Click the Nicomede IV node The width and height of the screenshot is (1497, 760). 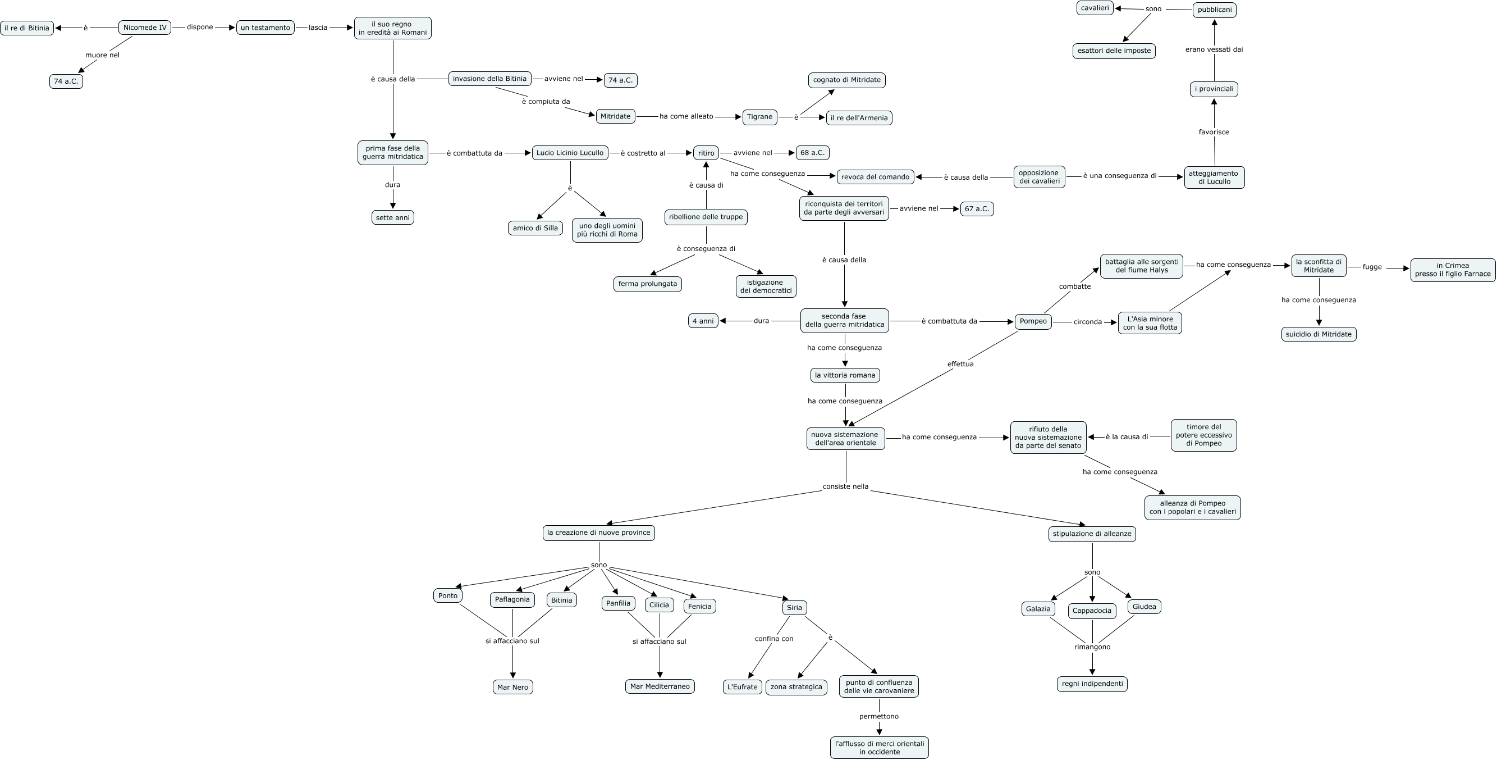click(x=145, y=28)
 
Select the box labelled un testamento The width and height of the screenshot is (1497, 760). click(x=265, y=28)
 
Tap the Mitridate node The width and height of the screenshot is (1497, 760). click(x=615, y=116)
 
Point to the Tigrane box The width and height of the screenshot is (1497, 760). click(x=759, y=117)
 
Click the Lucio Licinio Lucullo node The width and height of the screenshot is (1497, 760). click(x=570, y=153)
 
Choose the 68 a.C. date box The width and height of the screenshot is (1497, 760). click(x=812, y=153)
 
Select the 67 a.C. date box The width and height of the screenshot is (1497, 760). click(x=976, y=209)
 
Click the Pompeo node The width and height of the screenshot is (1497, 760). click(x=1033, y=321)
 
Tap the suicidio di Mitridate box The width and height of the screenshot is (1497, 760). click(x=1318, y=334)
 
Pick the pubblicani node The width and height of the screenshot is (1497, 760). click(x=1214, y=10)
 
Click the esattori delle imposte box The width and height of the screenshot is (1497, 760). click(x=1114, y=51)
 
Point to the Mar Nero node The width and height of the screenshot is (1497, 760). click(x=512, y=688)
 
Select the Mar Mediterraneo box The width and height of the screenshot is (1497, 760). click(x=660, y=687)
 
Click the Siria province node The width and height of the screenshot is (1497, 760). click(x=794, y=608)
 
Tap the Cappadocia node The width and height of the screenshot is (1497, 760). click(x=1091, y=611)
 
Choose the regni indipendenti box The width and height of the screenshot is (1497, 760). click(x=1091, y=684)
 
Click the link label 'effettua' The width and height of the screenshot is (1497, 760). click(x=960, y=364)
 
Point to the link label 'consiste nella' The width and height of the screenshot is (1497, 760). click(x=845, y=486)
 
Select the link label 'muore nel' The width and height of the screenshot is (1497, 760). click(x=102, y=55)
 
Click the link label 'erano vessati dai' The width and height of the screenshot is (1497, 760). click(x=1214, y=49)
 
